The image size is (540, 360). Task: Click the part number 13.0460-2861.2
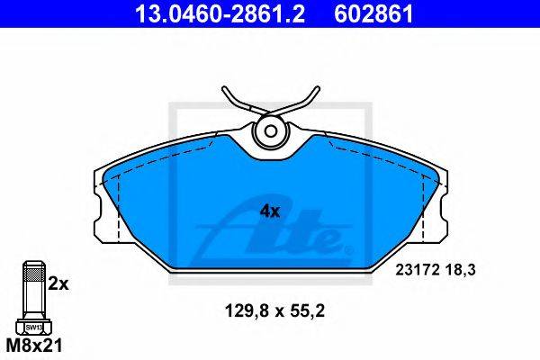(220, 13)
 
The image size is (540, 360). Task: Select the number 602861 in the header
(374, 13)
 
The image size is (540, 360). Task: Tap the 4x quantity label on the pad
(270, 211)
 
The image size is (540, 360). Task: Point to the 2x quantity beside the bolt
(58, 284)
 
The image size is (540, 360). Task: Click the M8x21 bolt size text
(34, 346)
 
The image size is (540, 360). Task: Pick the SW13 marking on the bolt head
(34, 328)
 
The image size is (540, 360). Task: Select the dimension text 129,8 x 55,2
(274, 311)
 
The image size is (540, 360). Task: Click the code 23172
(418, 270)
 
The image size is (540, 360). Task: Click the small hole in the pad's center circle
(271, 130)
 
